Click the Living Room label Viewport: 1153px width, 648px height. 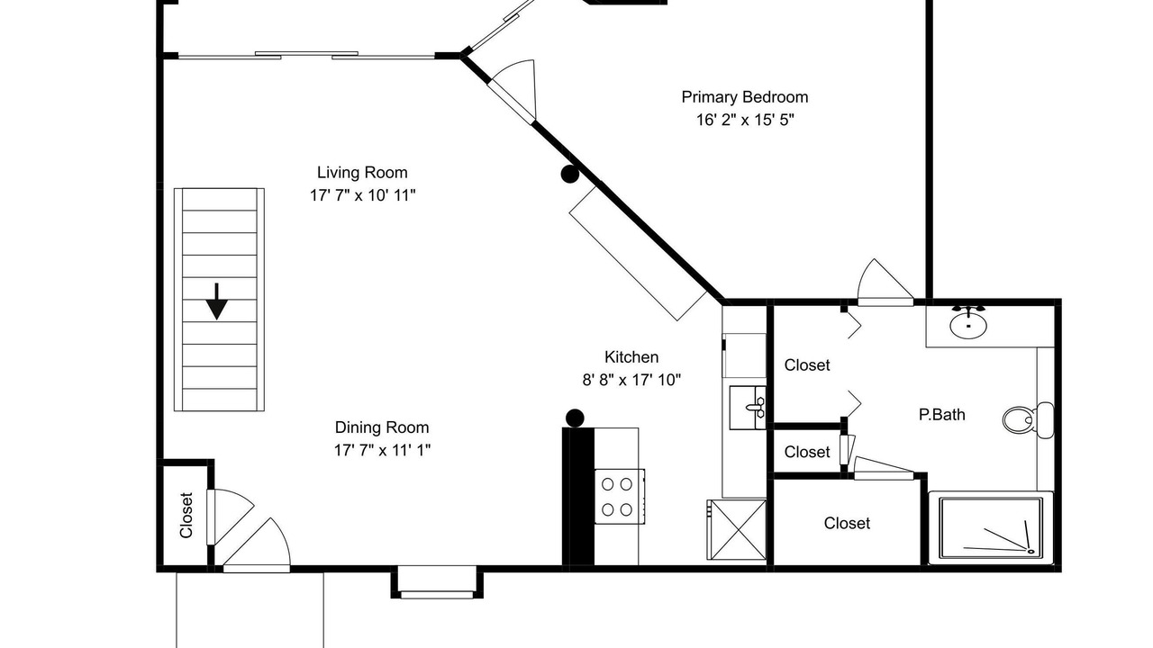(x=362, y=172)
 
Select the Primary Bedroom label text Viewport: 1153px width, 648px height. (x=744, y=97)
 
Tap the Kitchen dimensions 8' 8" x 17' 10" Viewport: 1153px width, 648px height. (x=631, y=380)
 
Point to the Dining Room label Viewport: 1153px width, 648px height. (x=381, y=427)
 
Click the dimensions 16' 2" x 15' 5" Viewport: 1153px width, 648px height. (x=745, y=120)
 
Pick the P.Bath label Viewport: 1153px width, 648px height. (x=941, y=415)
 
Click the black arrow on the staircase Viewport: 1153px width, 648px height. (x=217, y=301)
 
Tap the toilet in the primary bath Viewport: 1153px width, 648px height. (x=1028, y=420)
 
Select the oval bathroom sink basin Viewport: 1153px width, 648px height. (x=968, y=326)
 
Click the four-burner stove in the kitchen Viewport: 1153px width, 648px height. (x=619, y=496)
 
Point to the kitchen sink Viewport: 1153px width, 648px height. (x=748, y=408)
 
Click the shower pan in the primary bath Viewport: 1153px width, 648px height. (x=991, y=527)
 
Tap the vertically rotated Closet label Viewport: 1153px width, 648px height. (x=186, y=516)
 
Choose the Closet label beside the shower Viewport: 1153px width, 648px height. (x=847, y=524)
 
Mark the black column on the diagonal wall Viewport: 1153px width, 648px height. (x=570, y=175)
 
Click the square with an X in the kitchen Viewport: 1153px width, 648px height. (x=737, y=529)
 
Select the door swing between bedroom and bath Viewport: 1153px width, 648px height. (x=885, y=282)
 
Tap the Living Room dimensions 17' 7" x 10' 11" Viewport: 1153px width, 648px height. (x=362, y=195)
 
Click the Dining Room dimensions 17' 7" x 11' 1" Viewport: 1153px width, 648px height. (x=382, y=451)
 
